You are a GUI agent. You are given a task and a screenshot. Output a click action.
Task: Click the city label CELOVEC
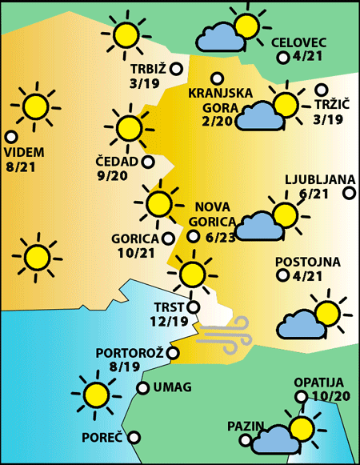298,42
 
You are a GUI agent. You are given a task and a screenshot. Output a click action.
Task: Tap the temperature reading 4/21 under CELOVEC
307,57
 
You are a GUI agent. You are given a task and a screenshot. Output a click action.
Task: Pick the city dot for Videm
10,137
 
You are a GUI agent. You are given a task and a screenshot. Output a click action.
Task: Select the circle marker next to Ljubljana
349,192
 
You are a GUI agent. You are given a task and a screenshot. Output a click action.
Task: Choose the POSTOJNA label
308,262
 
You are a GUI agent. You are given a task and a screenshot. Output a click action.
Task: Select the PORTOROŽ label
130,353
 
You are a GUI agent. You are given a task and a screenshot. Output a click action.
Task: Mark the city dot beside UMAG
142,388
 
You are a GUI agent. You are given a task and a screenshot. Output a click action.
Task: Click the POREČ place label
102,438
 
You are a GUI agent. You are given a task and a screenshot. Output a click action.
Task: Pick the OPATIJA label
318,382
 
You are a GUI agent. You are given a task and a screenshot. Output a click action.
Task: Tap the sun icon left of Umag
96,393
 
